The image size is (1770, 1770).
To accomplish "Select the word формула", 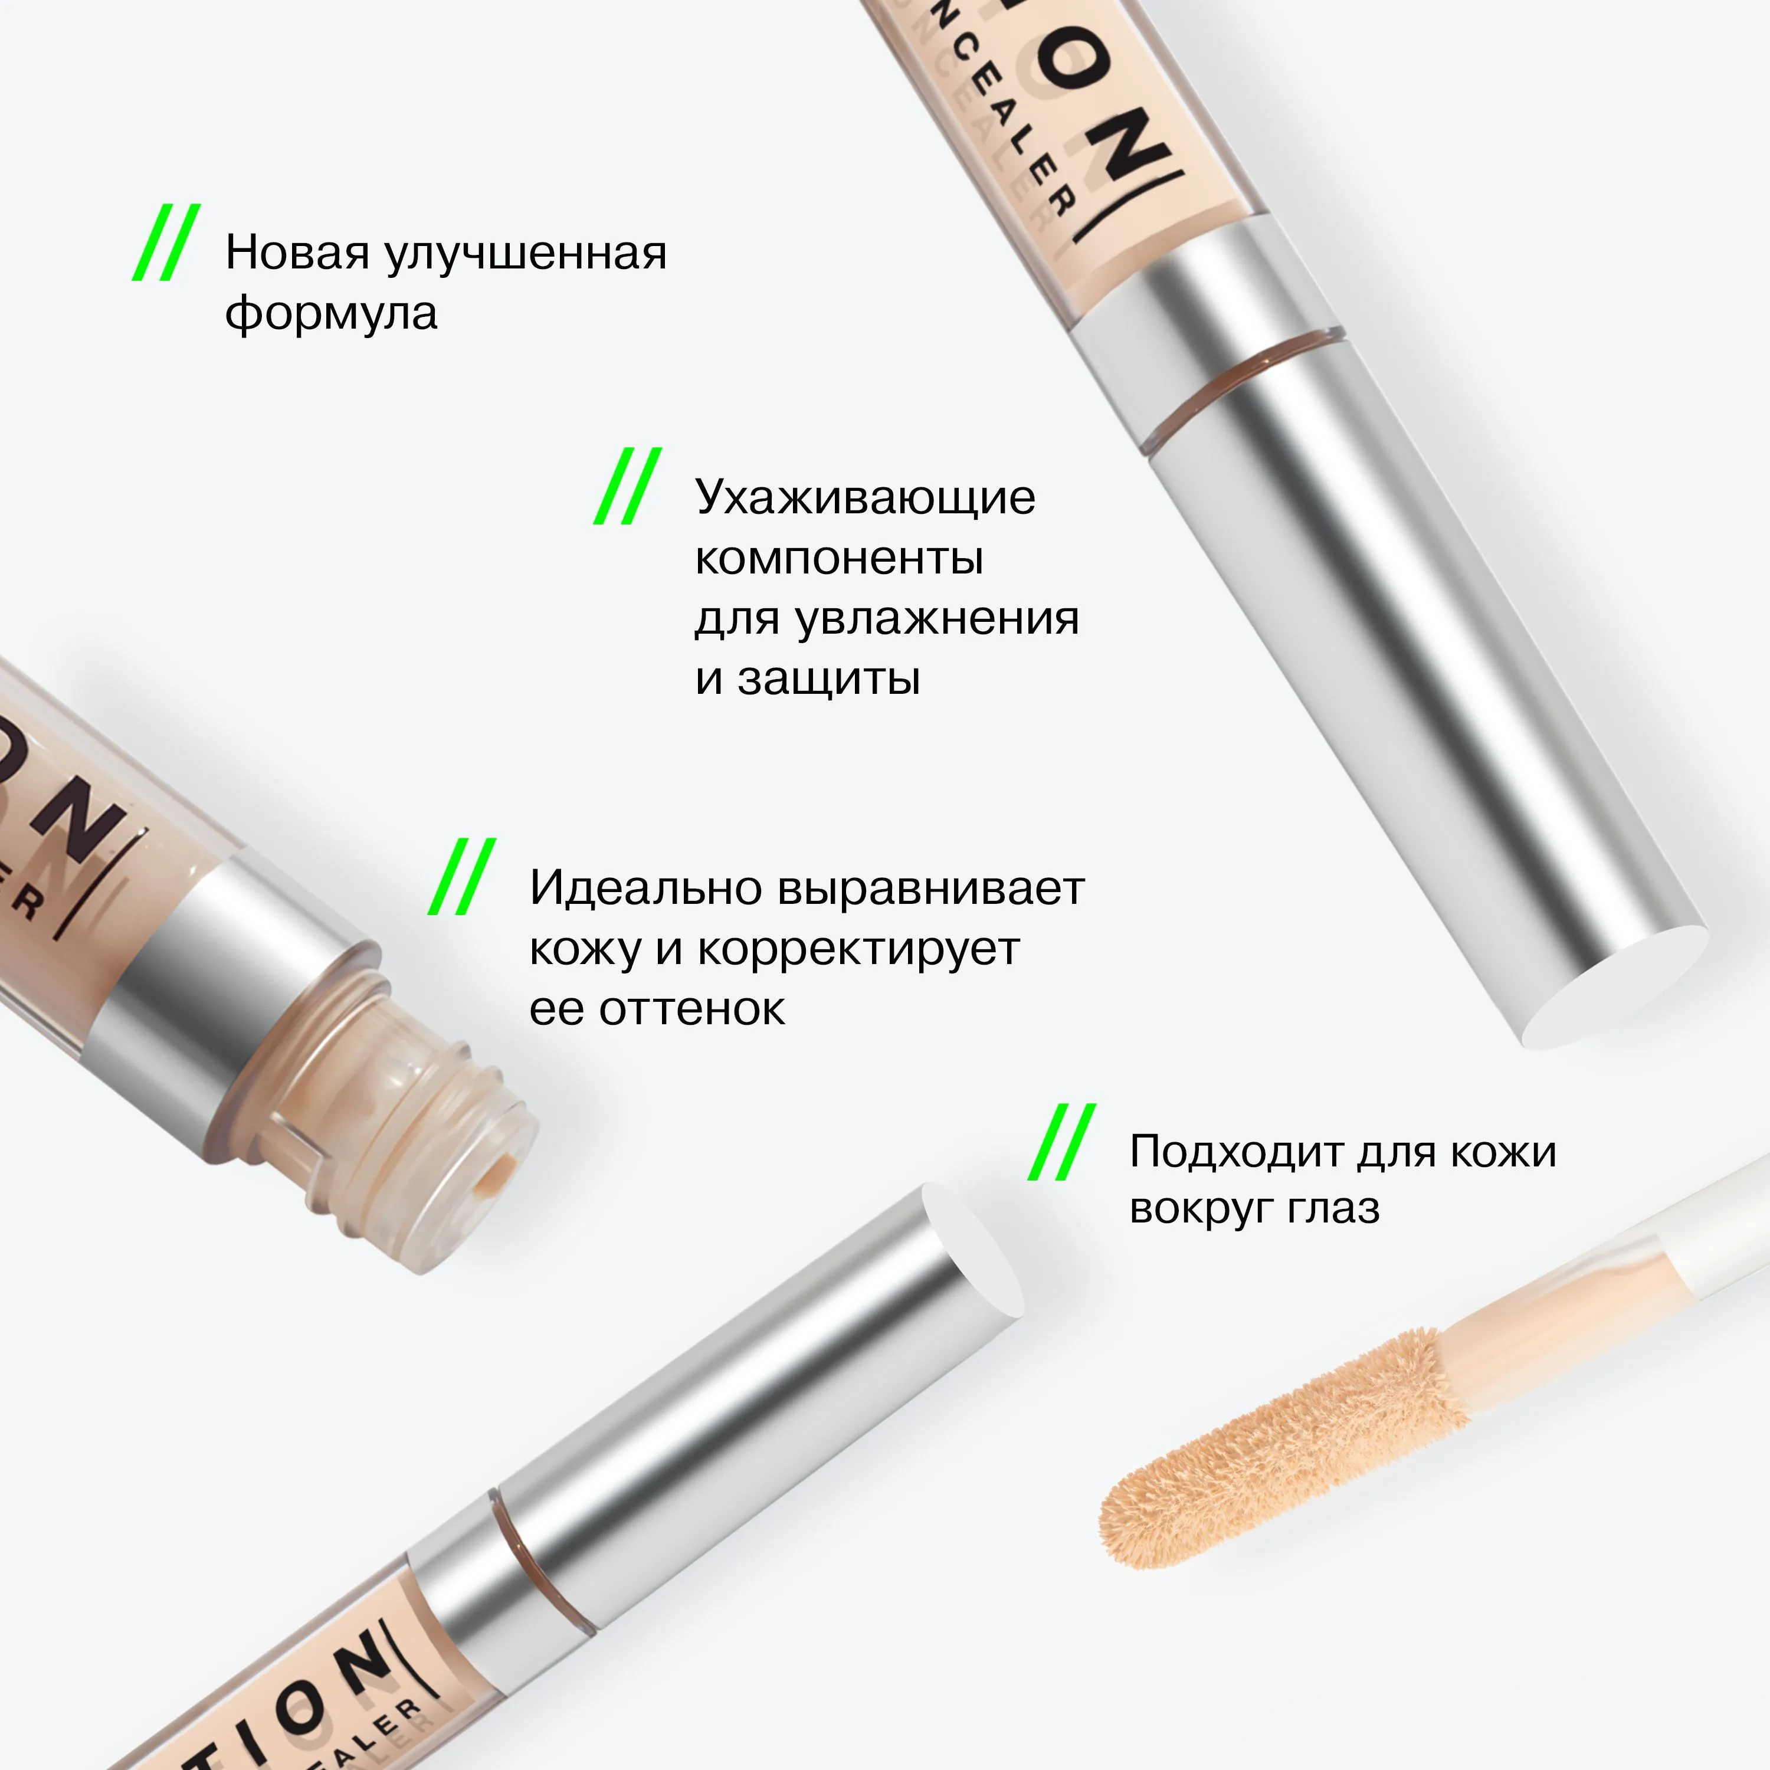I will [x=331, y=314].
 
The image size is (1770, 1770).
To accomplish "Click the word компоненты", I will [x=839, y=558].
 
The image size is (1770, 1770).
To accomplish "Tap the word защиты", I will [x=828, y=679].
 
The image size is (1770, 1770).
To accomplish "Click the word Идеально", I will [x=646, y=889].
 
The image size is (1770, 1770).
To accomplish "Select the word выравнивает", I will [x=931, y=889].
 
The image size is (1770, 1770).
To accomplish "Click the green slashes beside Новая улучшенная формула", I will [x=166, y=242].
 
